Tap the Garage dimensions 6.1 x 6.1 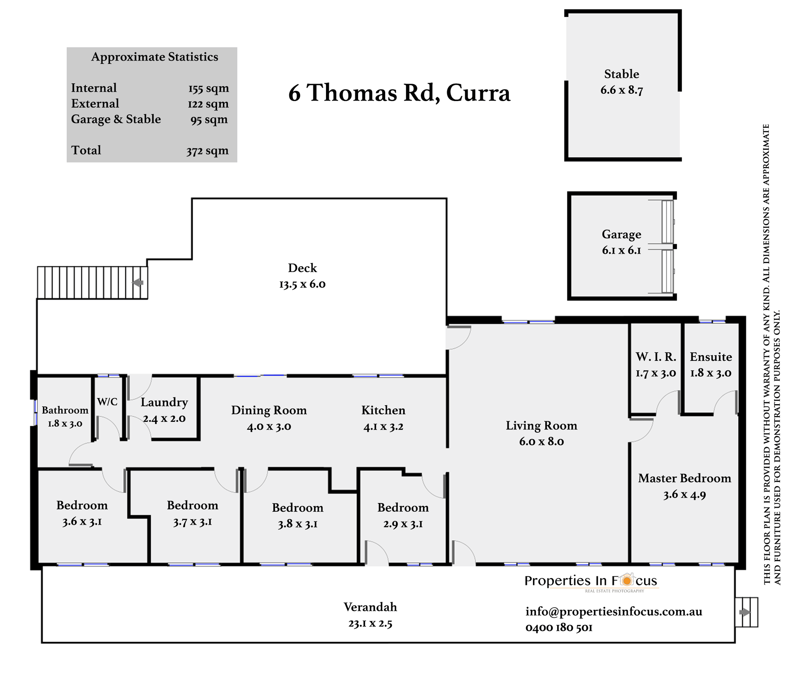pos(621,250)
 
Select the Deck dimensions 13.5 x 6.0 pos(302,284)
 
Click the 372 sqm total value pos(207,151)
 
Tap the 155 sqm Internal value pos(209,88)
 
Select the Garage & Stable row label pos(116,119)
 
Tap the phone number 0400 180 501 pos(559,628)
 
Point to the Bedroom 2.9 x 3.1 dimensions pos(403,524)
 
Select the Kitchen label pos(383,410)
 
